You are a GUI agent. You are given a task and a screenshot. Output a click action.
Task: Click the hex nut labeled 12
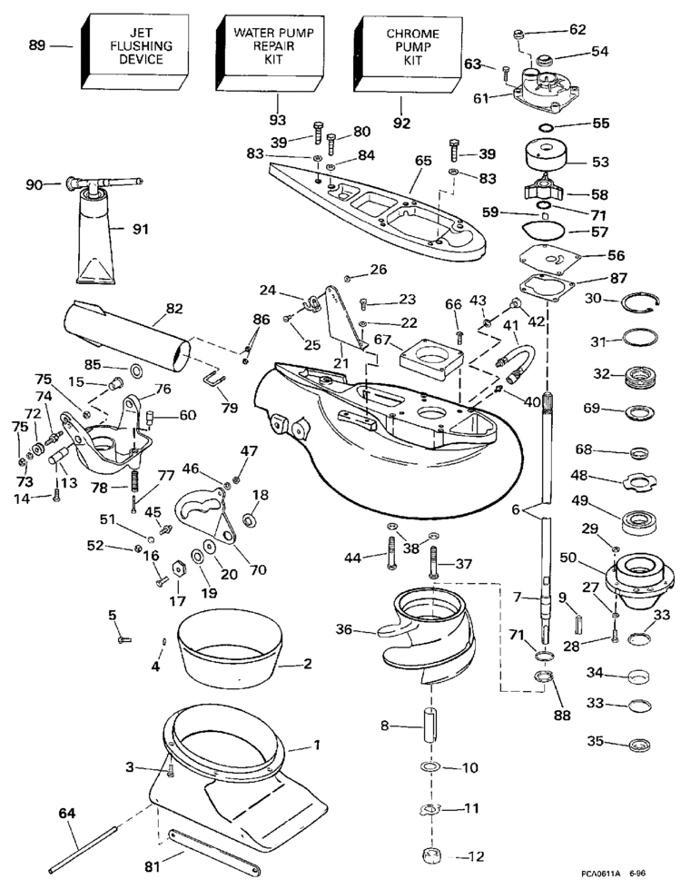click(428, 856)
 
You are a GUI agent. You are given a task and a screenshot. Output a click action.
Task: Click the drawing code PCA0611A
click(603, 874)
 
